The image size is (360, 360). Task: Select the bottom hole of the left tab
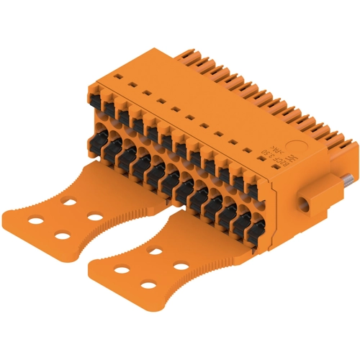63,236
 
